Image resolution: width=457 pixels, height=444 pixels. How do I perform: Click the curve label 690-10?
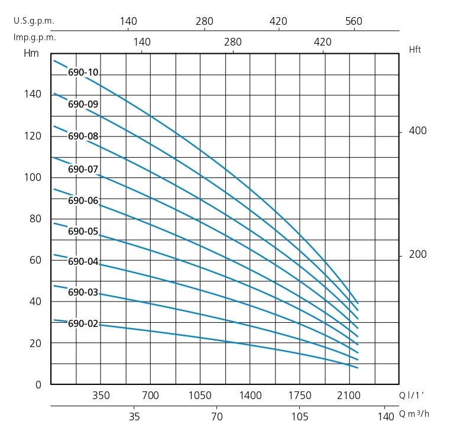(x=83, y=73)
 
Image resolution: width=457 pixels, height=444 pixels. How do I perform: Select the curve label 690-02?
(x=83, y=323)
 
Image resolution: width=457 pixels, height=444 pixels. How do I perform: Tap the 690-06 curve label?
(x=83, y=200)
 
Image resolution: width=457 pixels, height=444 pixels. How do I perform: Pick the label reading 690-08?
(x=83, y=136)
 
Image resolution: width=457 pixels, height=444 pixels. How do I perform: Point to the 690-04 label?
(x=83, y=261)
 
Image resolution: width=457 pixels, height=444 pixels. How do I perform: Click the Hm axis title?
(x=30, y=54)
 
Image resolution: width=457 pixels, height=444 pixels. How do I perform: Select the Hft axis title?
(x=415, y=50)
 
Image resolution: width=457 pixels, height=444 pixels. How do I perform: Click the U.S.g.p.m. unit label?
(x=34, y=21)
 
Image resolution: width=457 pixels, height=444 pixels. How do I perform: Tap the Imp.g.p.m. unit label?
(x=34, y=37)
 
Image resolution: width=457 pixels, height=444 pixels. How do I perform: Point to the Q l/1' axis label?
(x=412, y=395)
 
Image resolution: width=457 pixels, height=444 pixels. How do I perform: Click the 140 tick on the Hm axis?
(x=33, y=95)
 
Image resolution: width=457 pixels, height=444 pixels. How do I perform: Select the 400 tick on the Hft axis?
(x=417, y=131)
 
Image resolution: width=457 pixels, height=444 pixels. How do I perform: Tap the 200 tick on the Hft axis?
(x=417, y=255)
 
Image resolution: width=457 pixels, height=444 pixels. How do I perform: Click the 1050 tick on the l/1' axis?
(x=200, y=395)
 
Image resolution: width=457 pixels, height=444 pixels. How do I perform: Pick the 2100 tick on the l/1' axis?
(x=349, y=395)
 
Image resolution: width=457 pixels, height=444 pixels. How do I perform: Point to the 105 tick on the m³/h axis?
(x=300, y=416)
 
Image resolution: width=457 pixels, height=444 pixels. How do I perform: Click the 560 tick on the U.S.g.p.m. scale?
(x=354, y=21)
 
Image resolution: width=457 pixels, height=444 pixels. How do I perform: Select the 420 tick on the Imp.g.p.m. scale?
(x=322, y=42)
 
